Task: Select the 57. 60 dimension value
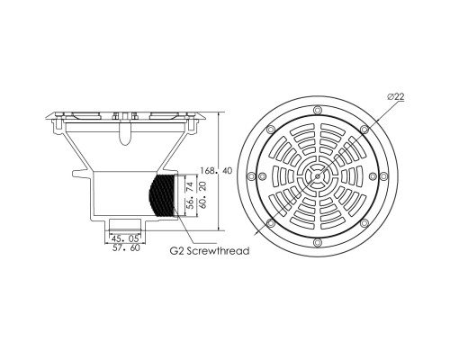(x=125, y=248)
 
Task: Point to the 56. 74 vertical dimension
(x=190, y=195)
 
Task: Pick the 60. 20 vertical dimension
(x=202, y=195)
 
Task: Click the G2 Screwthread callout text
(x=210, y=250)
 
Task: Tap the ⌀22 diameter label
(x=396, y=96)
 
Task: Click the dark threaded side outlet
(x=162, y=195)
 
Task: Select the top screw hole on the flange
(x=317, y=110)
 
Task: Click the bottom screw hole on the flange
(x=317, y=242)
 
